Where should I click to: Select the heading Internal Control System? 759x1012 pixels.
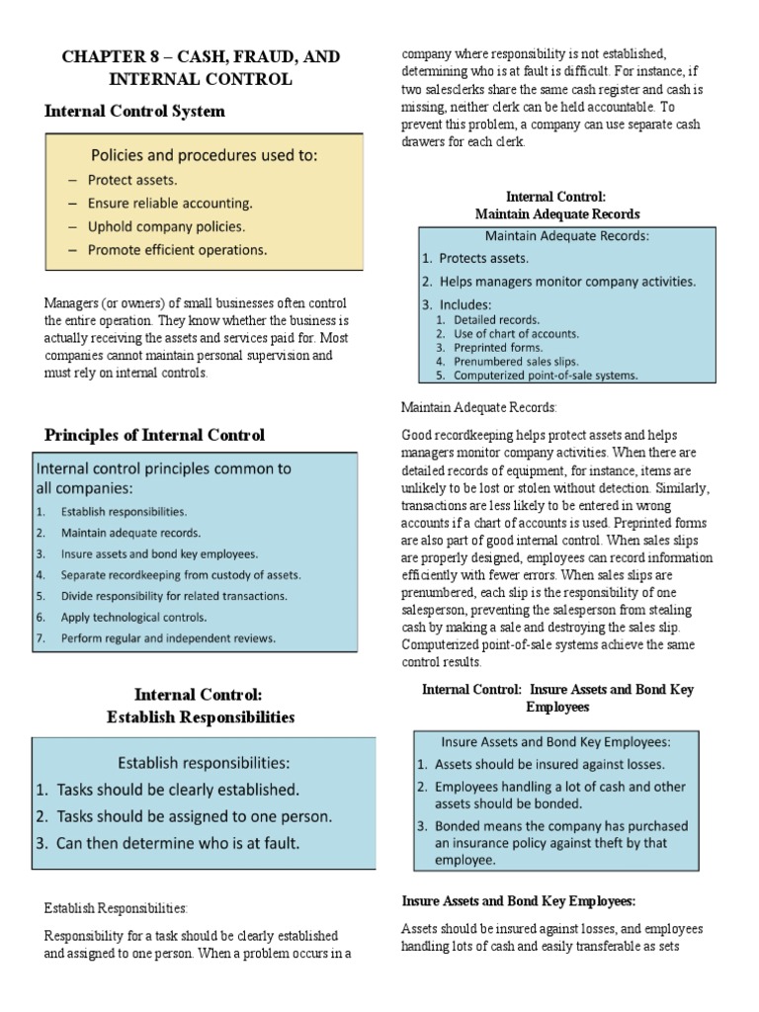point(134,111)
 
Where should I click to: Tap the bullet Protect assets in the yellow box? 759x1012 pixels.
point(132,180)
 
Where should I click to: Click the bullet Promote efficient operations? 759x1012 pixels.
point(177,250)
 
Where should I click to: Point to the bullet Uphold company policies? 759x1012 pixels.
point(166,226)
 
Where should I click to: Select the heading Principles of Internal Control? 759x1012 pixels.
point(154,435)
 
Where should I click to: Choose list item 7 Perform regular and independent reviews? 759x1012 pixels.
point(168,637)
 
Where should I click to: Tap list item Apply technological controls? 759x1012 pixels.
point(133,617)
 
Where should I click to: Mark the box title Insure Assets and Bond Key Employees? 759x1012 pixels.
point(556,741)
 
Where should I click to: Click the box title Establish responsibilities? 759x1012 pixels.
point(204,762)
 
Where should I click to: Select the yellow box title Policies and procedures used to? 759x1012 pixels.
point(205,155)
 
